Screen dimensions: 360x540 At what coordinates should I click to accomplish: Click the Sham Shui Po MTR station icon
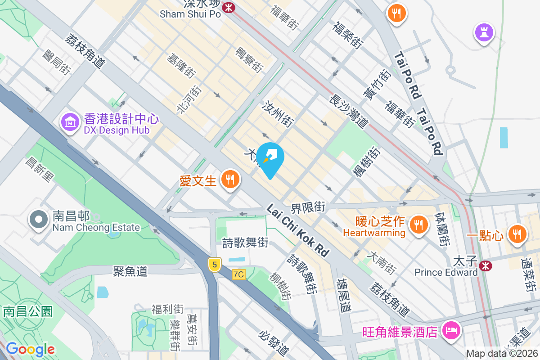tap(229, 7)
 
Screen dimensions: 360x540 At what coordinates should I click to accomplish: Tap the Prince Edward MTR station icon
tap(485, 265)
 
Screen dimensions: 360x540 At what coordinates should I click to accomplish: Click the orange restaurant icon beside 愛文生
tap(230, 180)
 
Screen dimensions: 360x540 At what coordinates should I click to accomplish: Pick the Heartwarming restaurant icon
tap(419, 224)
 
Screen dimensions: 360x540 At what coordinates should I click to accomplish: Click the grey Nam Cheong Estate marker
tap(39, 220)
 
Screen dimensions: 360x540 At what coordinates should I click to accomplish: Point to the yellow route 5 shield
tap(215, 265)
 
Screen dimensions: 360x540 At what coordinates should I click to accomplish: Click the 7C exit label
tap(238, 274)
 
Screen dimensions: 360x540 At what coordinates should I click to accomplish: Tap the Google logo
tap(30, 349)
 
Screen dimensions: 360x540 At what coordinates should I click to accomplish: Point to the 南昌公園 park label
tap(28, 311)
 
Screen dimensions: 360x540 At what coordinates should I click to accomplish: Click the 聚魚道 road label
tap(130, 271)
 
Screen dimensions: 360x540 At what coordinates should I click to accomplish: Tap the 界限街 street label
tap(308, 207)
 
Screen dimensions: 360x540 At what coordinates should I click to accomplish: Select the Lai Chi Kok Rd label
tap(298, 231)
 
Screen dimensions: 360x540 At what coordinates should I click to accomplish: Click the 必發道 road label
tap(274, 342)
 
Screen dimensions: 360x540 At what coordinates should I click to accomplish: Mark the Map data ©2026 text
tap(502, 354)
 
